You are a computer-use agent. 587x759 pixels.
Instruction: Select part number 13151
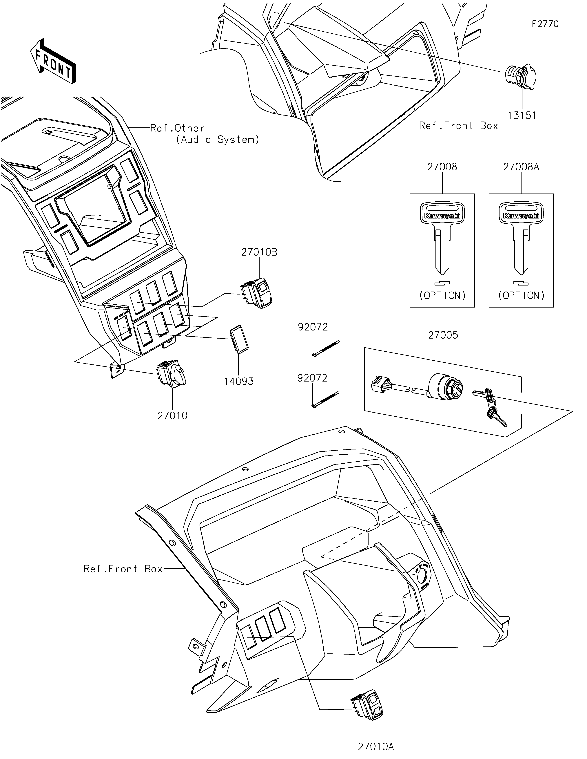pyautogui.click(x=522, y=115)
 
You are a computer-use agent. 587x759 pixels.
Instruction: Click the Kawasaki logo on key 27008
pyautogui.click(x=442, y=216)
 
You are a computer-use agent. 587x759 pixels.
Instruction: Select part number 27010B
pyautogui.click(x=259, y=252)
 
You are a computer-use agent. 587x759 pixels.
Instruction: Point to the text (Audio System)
pyautogui.click(x=218, y=140)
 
